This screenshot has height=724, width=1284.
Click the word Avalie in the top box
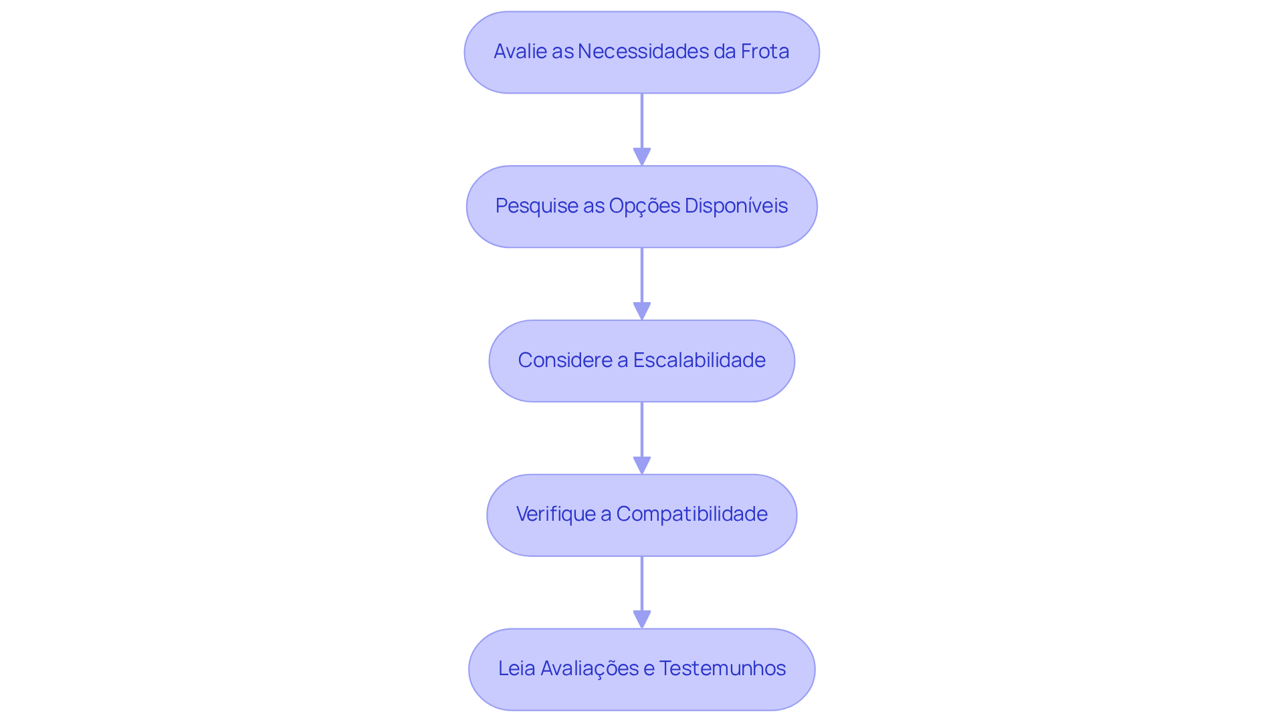520,51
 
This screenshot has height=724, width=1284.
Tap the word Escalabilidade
699,360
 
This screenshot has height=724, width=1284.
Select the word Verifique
556,514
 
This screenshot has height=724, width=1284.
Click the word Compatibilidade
691,514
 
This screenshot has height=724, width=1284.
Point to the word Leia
516,669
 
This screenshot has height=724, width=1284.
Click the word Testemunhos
722,669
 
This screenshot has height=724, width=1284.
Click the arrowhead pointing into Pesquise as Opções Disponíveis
642,156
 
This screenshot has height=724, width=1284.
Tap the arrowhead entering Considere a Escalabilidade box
642,311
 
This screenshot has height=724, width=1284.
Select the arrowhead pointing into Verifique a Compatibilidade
642,465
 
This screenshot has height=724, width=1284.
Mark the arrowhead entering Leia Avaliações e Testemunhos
642,619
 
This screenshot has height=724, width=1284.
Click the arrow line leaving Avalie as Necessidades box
642,120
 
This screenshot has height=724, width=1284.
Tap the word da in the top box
724,51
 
